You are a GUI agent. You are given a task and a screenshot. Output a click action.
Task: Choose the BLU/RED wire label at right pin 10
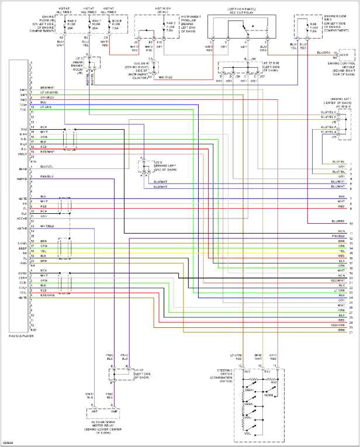[337, 222]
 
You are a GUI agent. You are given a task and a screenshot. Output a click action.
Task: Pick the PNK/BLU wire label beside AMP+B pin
[47, 176]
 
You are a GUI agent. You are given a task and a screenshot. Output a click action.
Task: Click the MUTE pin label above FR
[23, 198]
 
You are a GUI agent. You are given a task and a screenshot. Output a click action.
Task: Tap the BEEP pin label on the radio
[23, 248]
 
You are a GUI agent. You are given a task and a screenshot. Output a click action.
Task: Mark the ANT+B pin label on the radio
[23, 228]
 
